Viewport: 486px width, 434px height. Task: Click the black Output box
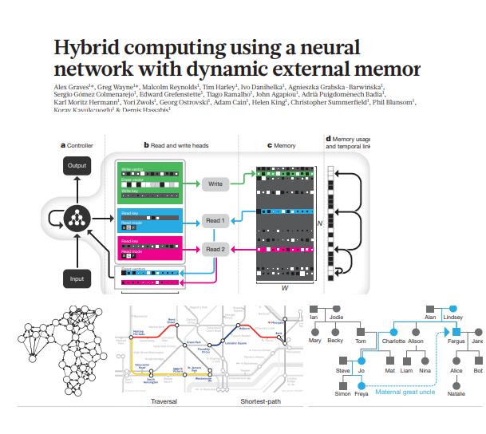click(77, 166)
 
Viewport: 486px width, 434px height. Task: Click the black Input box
click(77, 278)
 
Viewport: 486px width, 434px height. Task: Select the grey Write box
click(215, 183)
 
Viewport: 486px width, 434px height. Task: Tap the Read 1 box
click(215, 220)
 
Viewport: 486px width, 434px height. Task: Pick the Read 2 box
click(215, 249)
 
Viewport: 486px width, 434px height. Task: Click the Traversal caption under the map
click(164, 400)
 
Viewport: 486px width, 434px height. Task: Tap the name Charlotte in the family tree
click(393, 341)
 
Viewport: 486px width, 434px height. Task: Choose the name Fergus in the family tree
click(456, 341)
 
